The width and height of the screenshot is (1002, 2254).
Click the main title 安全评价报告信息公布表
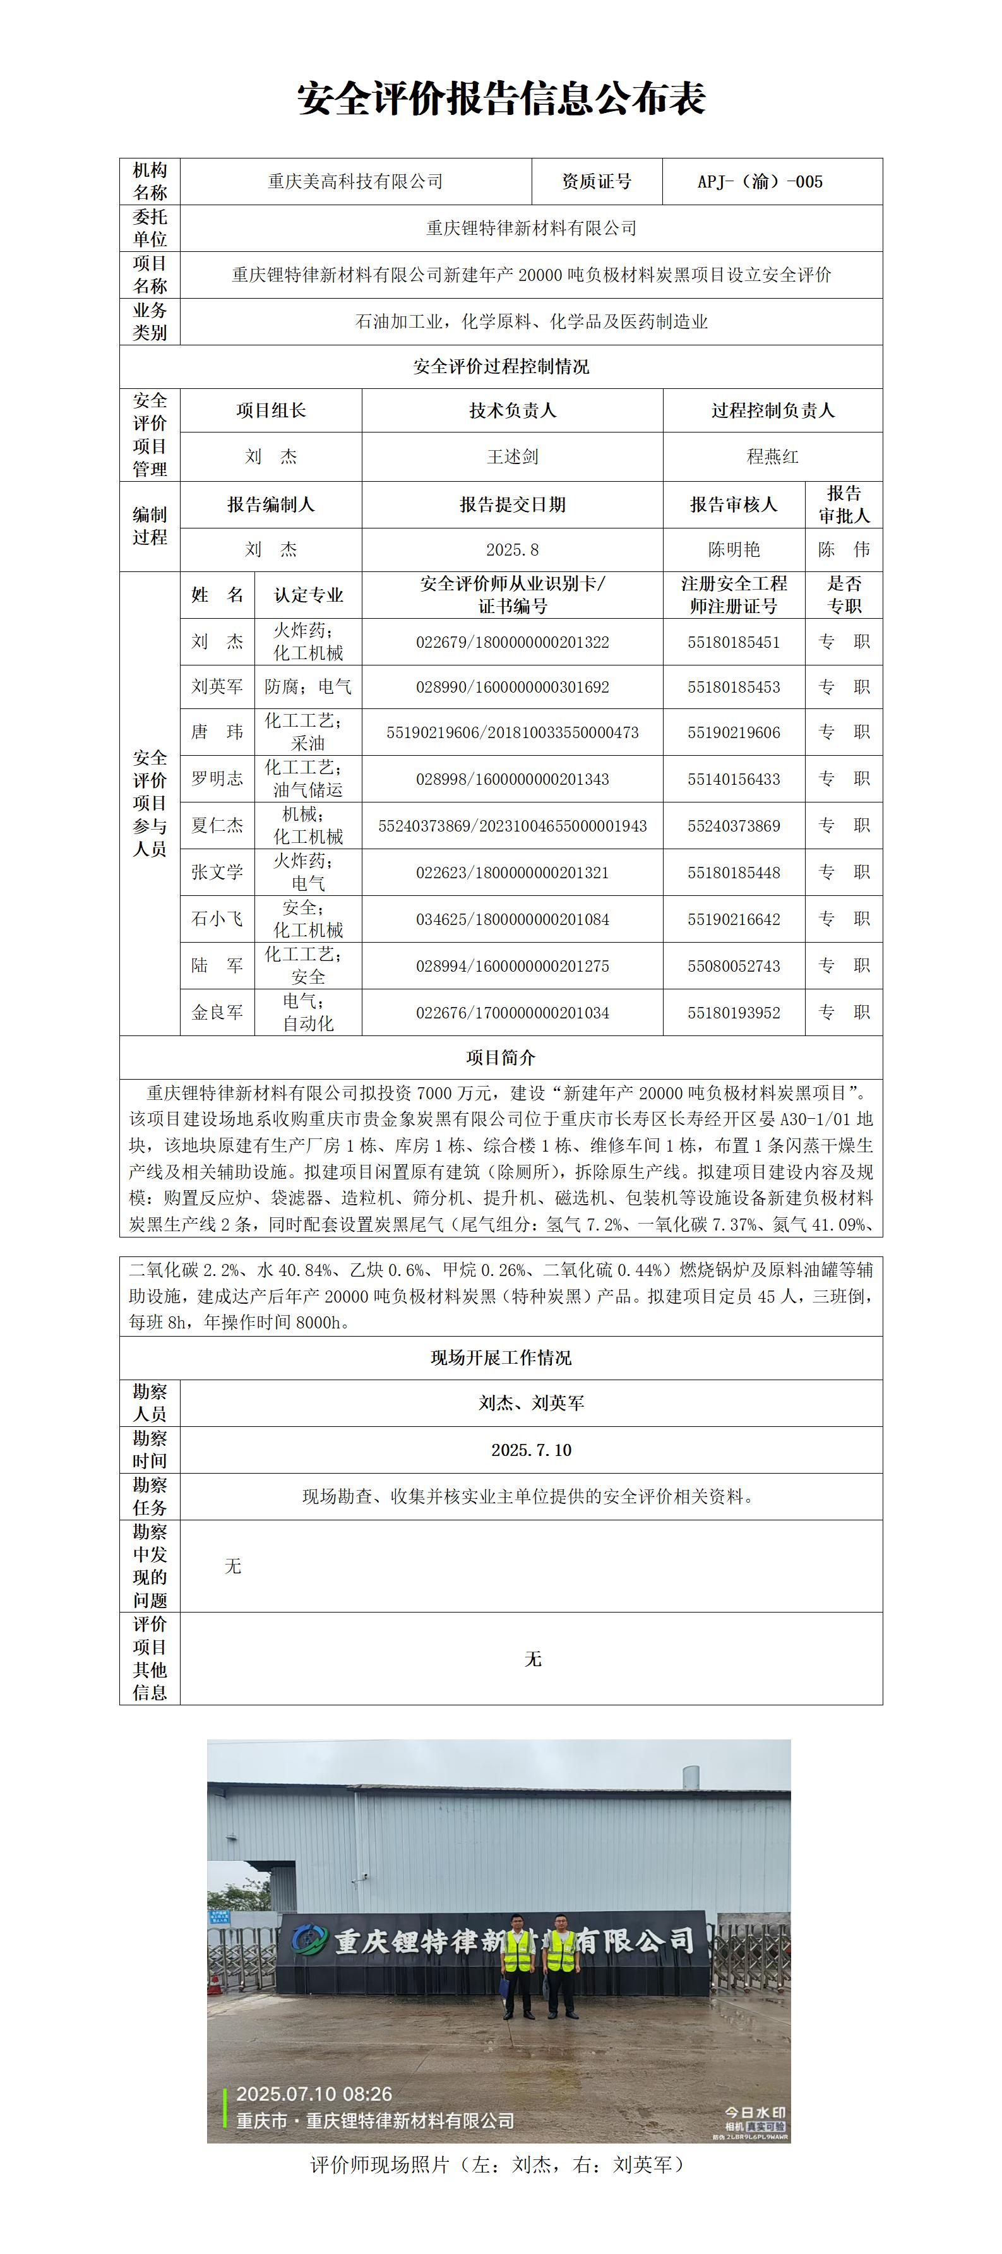pyautogui.click(x=501, y=99)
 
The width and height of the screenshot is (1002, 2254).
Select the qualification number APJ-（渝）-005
pyautogui.click(x=760, y=182)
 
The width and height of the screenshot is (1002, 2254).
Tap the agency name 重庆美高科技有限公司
pyautogui.click(x=355, y=182)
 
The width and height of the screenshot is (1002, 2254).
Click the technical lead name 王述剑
pyautogui.click(x=512, y=456)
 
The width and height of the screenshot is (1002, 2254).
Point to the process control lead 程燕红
pyautogui.click(x=772, y=456)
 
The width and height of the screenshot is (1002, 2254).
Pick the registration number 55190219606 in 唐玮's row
pyautogui.click(x=733, y=733)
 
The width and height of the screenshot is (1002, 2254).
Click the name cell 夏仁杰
pyautogui.click(x=217, y=826)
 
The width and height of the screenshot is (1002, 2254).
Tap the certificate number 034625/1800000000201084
pyautogui.click(x=512, y=920)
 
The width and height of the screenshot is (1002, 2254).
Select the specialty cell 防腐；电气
pyautogui.click(x=308, y=688)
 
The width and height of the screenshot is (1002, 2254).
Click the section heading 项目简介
pyautogui.click(x=501, y=1058)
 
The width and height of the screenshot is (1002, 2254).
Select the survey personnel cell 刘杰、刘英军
pyautogui.click(x=531, y=1404)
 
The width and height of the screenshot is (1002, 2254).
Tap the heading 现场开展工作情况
pyautogui.click(x=501, y=1358)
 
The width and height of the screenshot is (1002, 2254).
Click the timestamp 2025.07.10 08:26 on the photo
pyautogui.click(x=314, y=2094)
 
